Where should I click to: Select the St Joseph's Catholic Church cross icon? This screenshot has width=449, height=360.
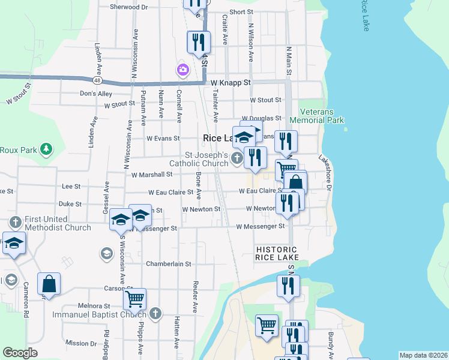tap(237, 158)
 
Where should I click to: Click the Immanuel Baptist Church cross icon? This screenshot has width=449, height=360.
tap(155, 314)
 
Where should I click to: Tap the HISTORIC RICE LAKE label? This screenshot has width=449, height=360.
tap(276, 253)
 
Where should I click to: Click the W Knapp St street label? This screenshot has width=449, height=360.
tap(230, 82)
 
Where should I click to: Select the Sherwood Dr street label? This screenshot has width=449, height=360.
tap(128, 7)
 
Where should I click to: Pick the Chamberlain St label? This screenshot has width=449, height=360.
tap(168, 264)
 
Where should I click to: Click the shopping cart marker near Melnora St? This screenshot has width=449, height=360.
tap(135, 298)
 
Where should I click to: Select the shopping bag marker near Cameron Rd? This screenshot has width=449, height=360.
tap(49, 283)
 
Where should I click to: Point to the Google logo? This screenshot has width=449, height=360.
tap(20, 353)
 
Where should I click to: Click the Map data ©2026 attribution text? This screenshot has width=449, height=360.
tap(423, 355)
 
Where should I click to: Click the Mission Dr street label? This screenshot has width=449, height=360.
tap(77, 343)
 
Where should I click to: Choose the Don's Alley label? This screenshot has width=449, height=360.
tap(96, 94)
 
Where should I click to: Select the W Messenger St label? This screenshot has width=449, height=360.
tap(260, 227)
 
